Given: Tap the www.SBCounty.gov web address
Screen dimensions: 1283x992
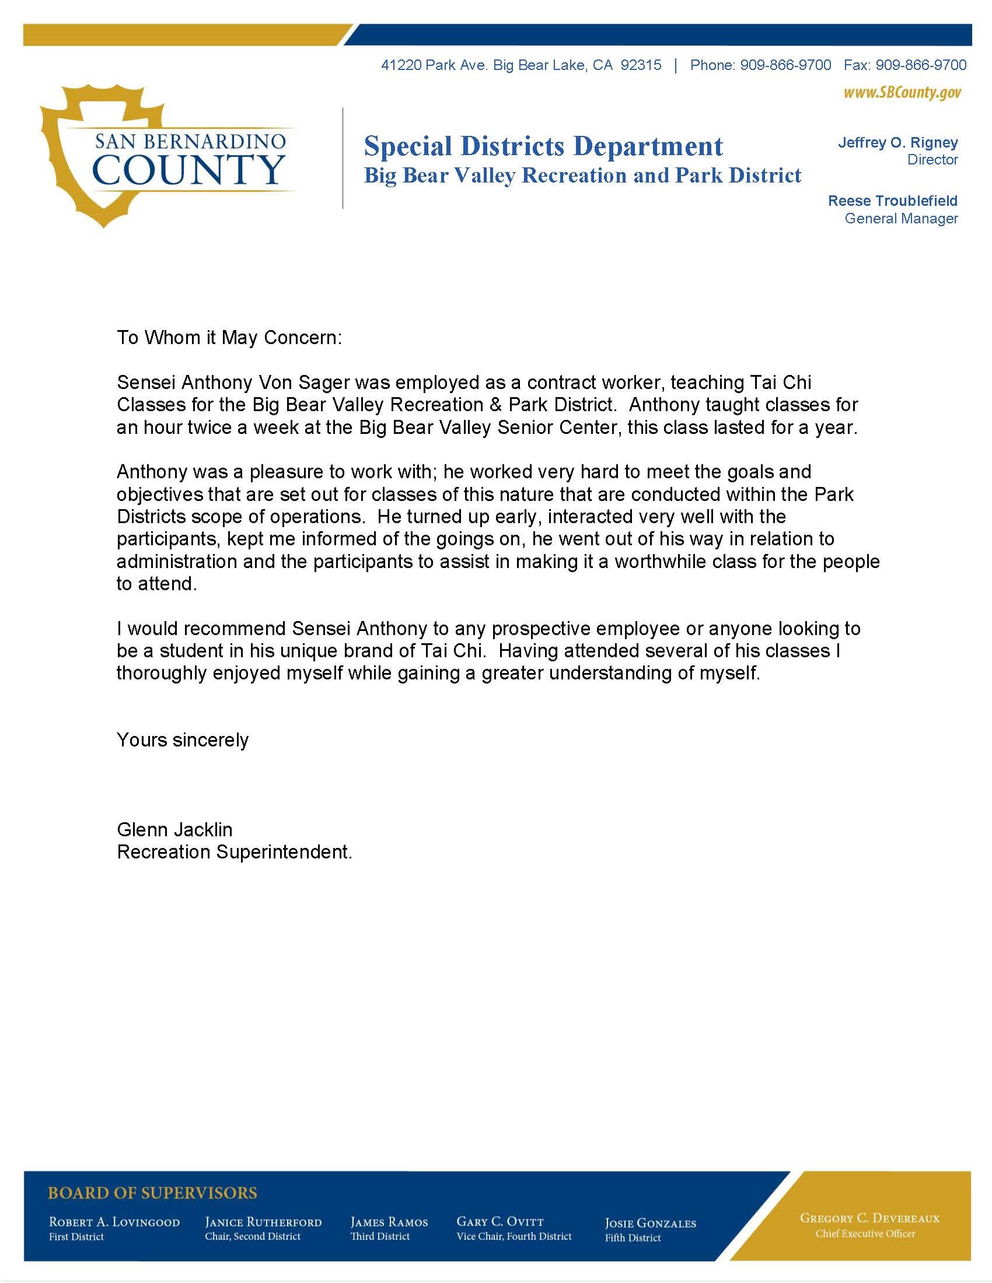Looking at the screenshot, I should click(902, 93).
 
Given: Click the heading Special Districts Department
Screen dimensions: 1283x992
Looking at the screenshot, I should click(543, 146).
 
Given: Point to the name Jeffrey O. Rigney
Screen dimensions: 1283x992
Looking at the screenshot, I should click(897, 143).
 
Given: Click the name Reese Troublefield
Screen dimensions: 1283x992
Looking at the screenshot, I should click(892, 201).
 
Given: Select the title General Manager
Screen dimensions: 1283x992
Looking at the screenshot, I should click(901, 219).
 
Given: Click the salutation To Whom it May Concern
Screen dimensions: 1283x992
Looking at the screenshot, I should click(229, 338).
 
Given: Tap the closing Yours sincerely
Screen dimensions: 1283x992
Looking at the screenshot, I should click(183, 739).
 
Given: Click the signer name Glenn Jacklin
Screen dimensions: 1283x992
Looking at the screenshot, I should click(174, 829).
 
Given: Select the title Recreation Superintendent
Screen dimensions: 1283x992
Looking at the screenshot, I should click(235, 852).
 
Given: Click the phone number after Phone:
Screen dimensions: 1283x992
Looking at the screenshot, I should click(785, 65).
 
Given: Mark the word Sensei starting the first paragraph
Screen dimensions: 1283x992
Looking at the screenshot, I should click(146, 383).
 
